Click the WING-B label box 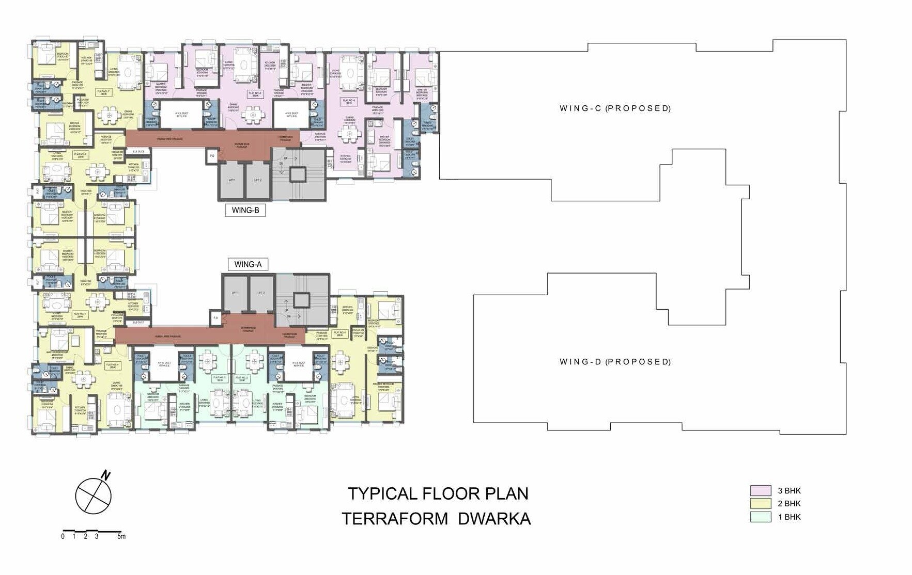(245, 210)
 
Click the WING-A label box (248, 264)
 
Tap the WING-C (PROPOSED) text (615, 108)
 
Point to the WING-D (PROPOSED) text (615, 362)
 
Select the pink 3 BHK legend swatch (760, 490)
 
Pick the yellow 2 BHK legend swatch (760, 503)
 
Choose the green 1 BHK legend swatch (760, 517)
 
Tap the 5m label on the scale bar (121, 537)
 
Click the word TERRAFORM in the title (395, 518)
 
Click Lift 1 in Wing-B (231, 180)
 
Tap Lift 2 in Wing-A (261, 293)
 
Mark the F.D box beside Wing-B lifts (212, 155)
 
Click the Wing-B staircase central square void (298, 174)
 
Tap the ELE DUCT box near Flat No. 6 (138, 151)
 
